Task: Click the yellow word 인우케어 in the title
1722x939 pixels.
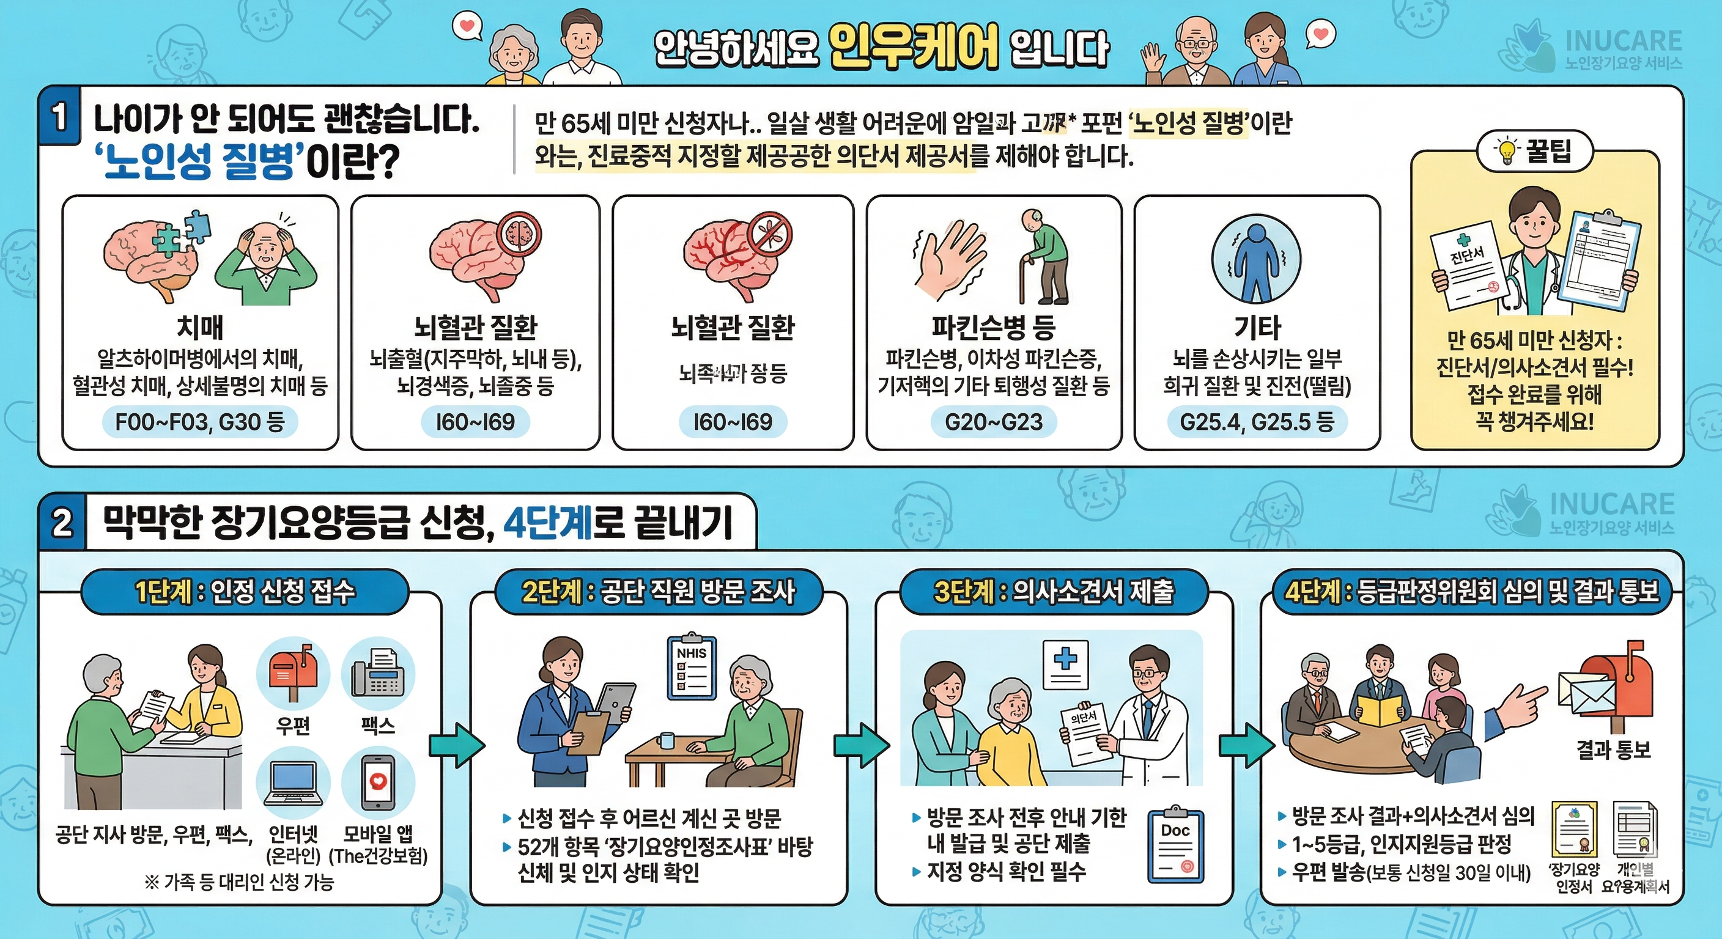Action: coord(913,47)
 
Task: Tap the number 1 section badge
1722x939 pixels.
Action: coord(59,117)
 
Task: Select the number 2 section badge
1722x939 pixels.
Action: coord(62,523)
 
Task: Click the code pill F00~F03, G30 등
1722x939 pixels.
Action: coord(200,422)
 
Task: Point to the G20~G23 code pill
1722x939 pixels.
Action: coord(993,422)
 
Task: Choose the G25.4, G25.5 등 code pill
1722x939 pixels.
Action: coord(1257,422)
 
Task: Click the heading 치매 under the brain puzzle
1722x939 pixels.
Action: coord(200,328)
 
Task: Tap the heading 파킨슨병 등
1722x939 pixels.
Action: coord(993,328)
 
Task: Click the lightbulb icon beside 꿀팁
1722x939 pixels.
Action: coord(1507,151)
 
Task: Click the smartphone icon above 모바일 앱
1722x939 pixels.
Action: coord(379,782)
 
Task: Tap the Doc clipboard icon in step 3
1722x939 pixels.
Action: coord(1175,846)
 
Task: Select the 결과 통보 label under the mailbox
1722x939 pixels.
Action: coord(1613,750)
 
